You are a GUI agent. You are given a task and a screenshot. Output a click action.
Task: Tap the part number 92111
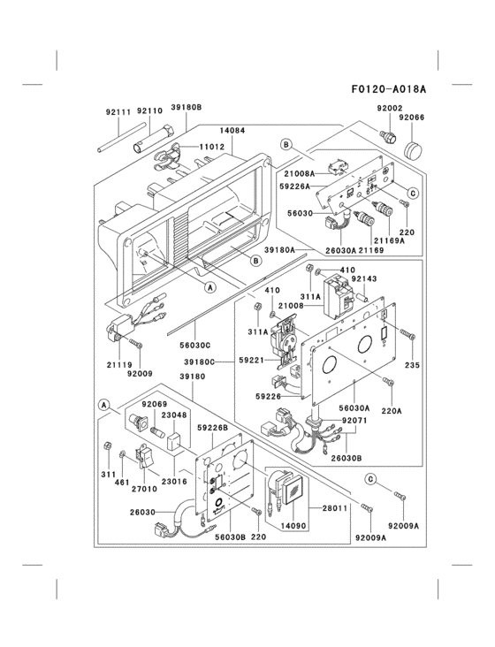pos(118,112)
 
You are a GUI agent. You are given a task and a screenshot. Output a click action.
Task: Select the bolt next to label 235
pos(407,334)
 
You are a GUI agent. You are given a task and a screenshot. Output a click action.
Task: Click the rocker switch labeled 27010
pos(144,457)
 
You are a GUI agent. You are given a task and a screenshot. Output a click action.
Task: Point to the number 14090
pos(293,525)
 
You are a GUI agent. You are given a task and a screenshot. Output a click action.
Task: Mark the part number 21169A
pos(389,240)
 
